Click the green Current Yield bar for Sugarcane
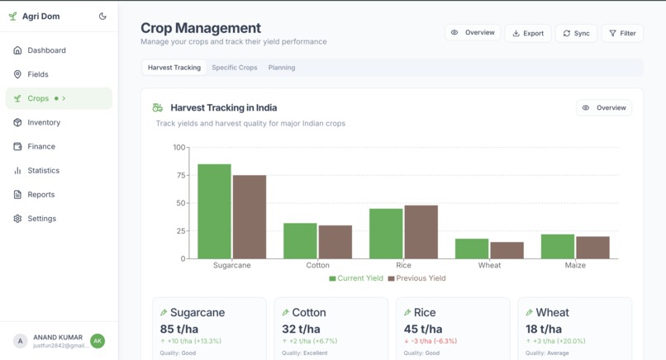214,211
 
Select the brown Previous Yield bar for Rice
421,232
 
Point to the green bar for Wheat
472,249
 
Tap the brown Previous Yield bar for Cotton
335,242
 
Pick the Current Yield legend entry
356,278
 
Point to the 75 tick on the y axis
179,176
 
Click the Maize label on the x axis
575,265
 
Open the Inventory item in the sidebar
44,122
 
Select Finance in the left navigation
41,146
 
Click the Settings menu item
41,219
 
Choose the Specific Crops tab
235,68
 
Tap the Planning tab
282,68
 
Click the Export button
528,33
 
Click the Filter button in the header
622,33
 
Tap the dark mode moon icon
102,16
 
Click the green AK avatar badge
98,340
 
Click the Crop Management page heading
201,28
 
